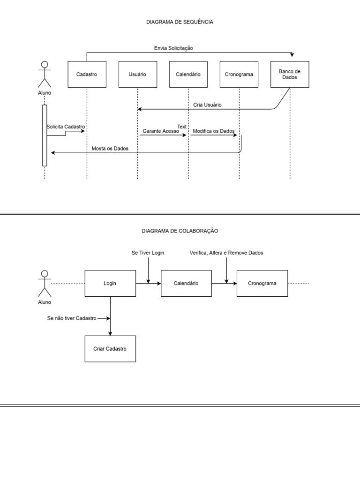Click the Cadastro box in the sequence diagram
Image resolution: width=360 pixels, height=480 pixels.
pos(87,75)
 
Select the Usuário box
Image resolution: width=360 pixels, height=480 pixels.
pos(137,75)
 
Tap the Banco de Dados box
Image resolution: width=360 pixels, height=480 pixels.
pos(290,75)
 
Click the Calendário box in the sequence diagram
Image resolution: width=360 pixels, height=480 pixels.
pos(188,75)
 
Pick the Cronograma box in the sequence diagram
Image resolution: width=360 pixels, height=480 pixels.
pos(239,75)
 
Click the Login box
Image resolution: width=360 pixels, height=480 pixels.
pos(110,283)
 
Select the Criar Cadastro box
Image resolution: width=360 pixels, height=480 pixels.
pos(110,349)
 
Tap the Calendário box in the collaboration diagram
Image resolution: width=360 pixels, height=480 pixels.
pos(186,283)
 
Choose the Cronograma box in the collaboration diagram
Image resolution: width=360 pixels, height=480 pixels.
pos(262,283)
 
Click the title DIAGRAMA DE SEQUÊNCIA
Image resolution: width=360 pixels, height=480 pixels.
pos(180,22)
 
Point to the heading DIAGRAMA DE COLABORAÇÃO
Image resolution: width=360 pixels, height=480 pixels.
pos(180,231)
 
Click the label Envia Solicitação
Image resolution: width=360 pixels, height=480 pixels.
pos(173,48)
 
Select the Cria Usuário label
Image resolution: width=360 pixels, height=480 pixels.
pos(207,105)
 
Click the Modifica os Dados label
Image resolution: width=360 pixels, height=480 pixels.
pos(214,132)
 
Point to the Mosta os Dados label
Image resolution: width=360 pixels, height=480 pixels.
pos(110,148)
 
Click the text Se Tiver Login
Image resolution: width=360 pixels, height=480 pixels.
pos(148,253)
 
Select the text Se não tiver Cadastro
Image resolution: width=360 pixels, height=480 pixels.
pos(72,318)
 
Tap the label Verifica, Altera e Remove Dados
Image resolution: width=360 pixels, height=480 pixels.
pos(226,253)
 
